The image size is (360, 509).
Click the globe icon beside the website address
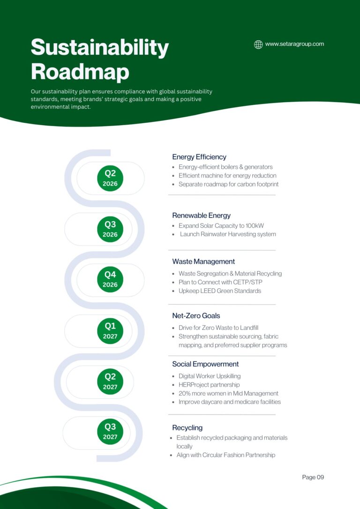click(258, 45)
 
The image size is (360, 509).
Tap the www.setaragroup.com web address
click(294, 44)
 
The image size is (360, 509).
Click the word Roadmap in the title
click(80, 72)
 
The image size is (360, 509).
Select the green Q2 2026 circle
click(110, 178)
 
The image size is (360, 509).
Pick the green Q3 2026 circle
click(110, 229)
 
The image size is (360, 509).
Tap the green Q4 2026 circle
click(110, 279)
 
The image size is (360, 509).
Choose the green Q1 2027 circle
click(110, 331)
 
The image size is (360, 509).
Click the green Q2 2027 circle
click(110, 382)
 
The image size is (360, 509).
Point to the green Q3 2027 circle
click(110, 432)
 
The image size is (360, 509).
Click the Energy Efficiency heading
click(199, 157)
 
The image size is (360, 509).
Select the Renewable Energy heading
click(201, 216)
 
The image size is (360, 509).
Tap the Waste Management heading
click(203, 262)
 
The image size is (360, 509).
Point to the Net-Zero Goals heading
click(196, 316)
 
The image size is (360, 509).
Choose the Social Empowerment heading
click(205, 364)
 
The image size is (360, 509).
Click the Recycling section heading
click(187, 428)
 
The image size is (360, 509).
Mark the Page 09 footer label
click(313, 477)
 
